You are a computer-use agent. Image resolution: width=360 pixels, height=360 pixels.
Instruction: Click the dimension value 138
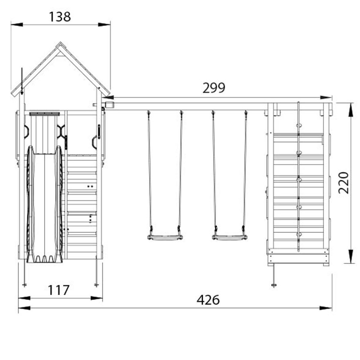pos(60,17)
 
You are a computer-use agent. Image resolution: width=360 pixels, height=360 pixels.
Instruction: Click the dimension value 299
pos(214,88)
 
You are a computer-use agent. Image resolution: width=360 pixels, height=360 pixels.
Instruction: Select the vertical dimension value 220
pos(344,183)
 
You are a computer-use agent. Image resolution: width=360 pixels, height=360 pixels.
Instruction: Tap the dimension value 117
pos(58,290)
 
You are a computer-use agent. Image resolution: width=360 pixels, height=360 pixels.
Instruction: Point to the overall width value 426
pos(208,300)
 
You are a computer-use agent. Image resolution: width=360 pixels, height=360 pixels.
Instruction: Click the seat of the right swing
pos(230,238)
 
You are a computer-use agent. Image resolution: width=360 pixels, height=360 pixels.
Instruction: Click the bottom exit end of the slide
pos(44,260)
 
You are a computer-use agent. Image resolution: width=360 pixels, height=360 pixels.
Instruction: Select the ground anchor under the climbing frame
pos(273,284)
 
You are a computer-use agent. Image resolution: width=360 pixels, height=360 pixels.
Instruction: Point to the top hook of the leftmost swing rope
pos(148,113)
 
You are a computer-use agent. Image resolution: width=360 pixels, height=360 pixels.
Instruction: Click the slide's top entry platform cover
pos(44,114)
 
